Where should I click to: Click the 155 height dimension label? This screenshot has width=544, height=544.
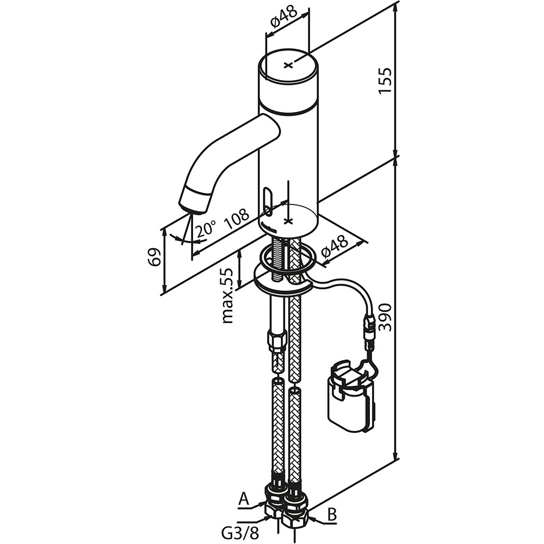[385, 80]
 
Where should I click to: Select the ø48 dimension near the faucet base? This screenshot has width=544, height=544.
[335, 246]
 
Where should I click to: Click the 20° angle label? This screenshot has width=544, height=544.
[205, 230]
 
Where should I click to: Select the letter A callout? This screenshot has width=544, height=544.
[244, 499]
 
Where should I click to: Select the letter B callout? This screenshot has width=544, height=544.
[332, 515]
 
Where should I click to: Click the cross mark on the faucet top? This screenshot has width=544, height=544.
[288, 65]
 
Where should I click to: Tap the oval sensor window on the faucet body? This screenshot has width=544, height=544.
[268, 202]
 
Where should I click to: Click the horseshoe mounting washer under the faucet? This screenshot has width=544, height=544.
[282, 279]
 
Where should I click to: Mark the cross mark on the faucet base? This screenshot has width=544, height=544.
[288, 221]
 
